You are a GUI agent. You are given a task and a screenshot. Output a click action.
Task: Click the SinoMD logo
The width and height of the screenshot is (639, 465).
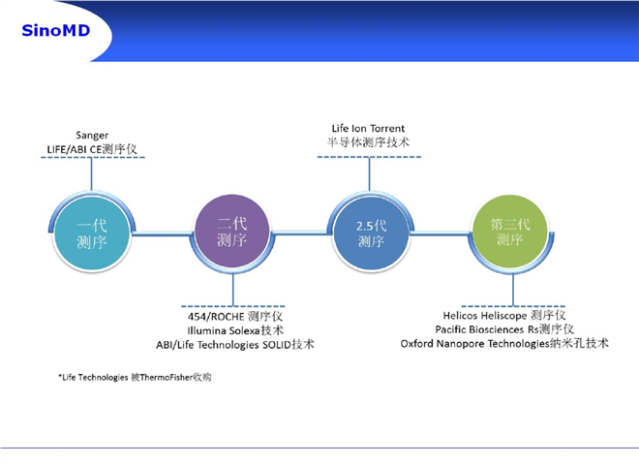[x=56, y=31]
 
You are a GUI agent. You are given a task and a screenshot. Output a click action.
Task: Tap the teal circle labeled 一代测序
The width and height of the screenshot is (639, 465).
[x=92, y=233]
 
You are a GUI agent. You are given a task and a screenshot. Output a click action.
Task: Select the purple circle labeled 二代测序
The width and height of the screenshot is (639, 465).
[x=232, y=232]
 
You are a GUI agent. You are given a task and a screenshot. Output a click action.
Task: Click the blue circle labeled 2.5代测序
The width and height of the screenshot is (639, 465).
[x=371, y=233]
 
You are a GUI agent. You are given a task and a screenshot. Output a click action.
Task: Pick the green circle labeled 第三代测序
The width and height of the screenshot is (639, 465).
[x=510, y=232]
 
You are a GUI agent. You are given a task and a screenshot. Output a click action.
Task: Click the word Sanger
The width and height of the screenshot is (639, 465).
[x=92, y=136]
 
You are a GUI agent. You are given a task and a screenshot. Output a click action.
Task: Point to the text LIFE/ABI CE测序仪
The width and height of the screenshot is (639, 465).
[x=92, y=149]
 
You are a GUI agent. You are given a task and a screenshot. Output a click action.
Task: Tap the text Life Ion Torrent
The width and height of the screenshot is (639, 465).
[x=368, y=129]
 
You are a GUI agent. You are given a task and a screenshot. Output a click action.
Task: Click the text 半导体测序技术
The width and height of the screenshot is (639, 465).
[x=368, y=142]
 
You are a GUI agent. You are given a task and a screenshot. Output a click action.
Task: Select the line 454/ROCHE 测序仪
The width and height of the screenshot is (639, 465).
[x=235, y=317]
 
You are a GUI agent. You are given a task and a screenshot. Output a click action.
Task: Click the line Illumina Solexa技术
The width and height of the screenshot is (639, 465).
[x=235, y=330]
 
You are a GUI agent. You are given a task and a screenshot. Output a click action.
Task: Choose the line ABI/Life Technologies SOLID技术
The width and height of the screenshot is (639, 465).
[x=235, y=345]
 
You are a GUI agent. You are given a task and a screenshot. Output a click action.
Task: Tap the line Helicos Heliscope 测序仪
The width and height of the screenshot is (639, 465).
[x=504, y=315]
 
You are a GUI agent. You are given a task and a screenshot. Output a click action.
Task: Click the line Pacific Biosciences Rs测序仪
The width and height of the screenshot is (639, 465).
[x=504, y=329]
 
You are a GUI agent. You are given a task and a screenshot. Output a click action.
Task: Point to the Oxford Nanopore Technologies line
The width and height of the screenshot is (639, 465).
[x=504, y=344]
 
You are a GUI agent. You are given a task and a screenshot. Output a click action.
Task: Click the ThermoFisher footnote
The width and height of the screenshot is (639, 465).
[x=135, y=377]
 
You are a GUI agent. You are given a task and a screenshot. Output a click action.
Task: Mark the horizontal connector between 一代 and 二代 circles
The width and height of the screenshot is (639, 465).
[x=163, y=233]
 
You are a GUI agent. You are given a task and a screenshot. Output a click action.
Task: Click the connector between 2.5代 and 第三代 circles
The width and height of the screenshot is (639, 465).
[x=441, y=233]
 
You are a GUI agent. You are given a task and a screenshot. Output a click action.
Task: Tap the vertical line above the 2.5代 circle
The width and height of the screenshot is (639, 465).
[x=369, y=174]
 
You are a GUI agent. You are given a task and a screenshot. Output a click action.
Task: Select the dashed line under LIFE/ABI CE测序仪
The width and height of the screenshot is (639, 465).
[x=93, y=157]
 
